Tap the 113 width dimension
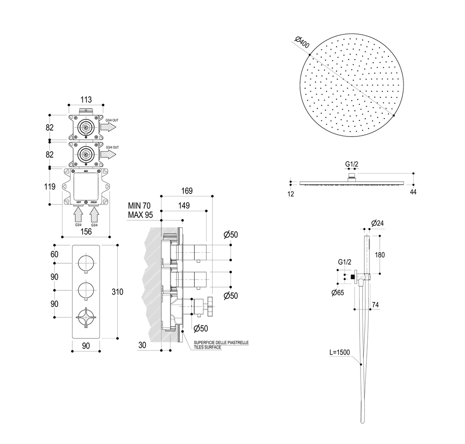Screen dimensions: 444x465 [x=86, y=100]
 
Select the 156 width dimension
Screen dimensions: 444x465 [x=86, y=231]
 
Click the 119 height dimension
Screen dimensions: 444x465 [x=50, y=187]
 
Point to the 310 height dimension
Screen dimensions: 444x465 [x=117, y=292]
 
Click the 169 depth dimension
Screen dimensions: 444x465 [x=187, y=191]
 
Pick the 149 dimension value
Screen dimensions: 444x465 [x=184, y=205]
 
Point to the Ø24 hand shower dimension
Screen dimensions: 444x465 [x=377, y=223]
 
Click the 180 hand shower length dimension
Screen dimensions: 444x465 [x=379, y=255]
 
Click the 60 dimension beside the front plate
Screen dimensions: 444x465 [x=54, y=254]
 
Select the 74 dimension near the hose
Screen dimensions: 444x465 [x=375, y=305]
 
